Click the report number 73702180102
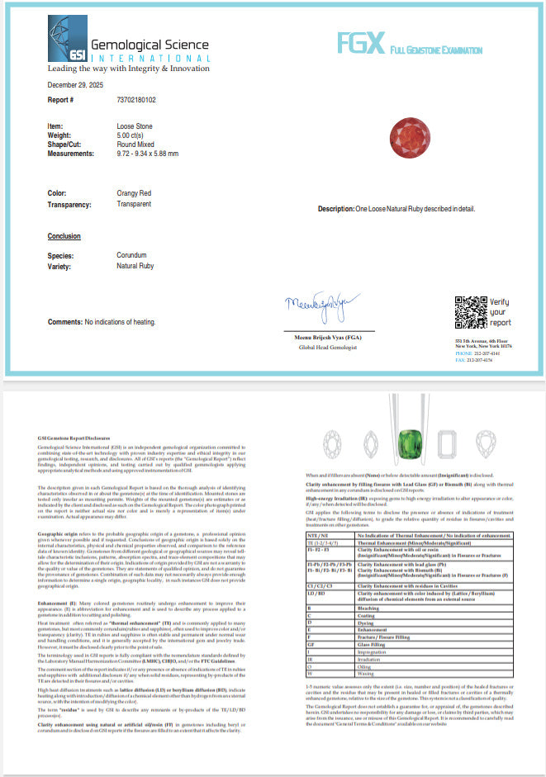[x=143, y=100]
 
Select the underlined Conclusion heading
[x=64, y=237]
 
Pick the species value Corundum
[x=132, y=256]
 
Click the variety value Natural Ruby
[x=135, y=266]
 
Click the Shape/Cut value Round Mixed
[x=135, y=144]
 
